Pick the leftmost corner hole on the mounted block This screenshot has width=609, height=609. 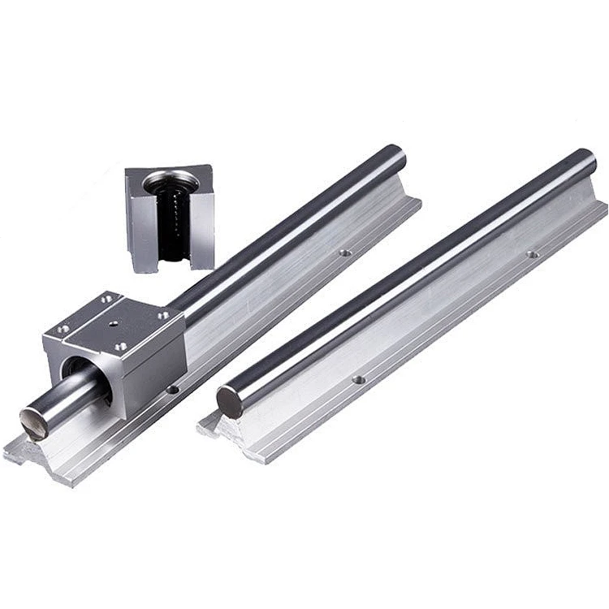(62, 329)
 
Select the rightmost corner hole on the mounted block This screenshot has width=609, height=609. (163, 315)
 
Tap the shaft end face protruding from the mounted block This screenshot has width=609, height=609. (34, 423)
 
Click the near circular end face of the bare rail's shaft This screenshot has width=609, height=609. (230, 402)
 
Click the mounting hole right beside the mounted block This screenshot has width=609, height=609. (172, 390)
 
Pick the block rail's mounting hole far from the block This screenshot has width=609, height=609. (345, 253)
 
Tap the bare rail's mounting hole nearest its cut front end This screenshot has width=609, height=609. (358, 379)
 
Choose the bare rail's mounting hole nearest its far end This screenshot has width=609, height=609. (532, 254)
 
